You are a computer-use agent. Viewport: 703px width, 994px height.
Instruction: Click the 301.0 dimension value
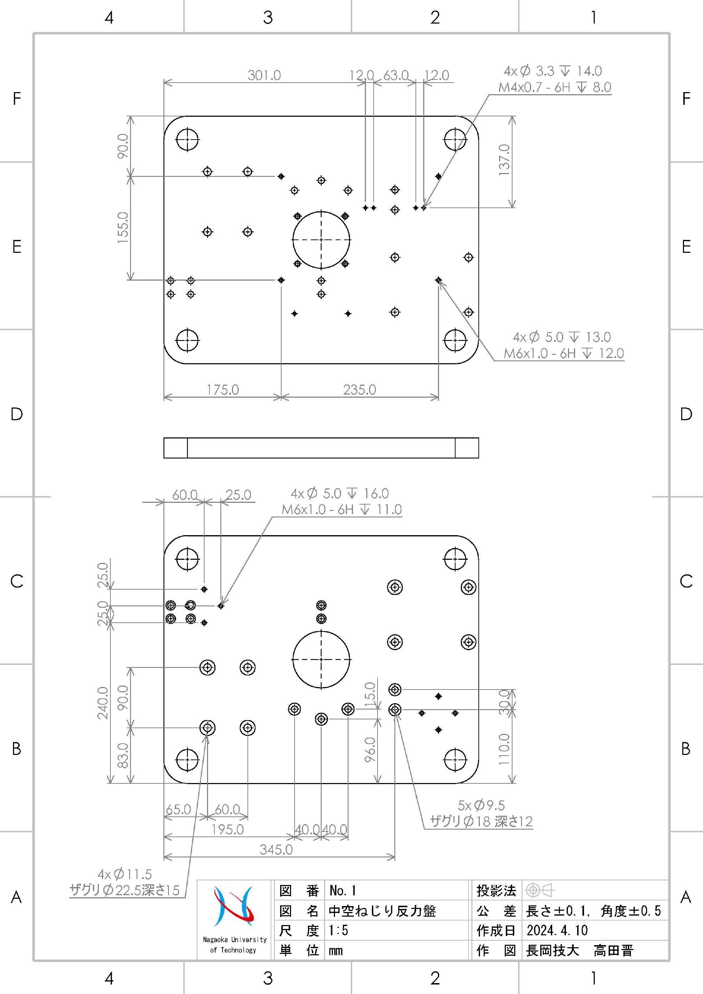click(x=264, y=75)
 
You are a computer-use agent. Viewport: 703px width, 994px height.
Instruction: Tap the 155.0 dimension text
click(x=123, y=227)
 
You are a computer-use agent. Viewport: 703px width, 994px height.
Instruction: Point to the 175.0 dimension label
click(x=222, y=390)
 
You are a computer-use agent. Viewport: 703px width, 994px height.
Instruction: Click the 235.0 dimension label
click(x=359, y=390)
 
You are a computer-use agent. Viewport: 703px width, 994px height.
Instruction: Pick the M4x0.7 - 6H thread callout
click(x=555, y=88)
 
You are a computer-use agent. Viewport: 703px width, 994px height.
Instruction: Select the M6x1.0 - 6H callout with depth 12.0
click(x=563, y=353)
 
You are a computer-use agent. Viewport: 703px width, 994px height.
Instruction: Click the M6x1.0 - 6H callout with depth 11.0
click(x=342, y=509)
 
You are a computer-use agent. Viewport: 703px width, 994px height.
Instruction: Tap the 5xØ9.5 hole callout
click(x=481, y=805)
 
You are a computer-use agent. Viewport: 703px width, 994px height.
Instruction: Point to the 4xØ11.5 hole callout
click(x=125, y=874)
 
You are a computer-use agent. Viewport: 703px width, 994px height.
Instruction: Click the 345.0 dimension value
click(x=276, y=849)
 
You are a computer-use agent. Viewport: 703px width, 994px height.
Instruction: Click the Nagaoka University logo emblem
click(x=233, y=906)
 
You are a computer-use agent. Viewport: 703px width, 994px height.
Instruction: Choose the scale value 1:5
click(x=338, y=930)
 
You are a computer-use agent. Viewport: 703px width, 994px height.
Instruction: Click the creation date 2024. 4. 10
click(x=557, y=930)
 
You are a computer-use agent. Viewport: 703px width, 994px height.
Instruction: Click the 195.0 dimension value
click(x=228, y=829)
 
